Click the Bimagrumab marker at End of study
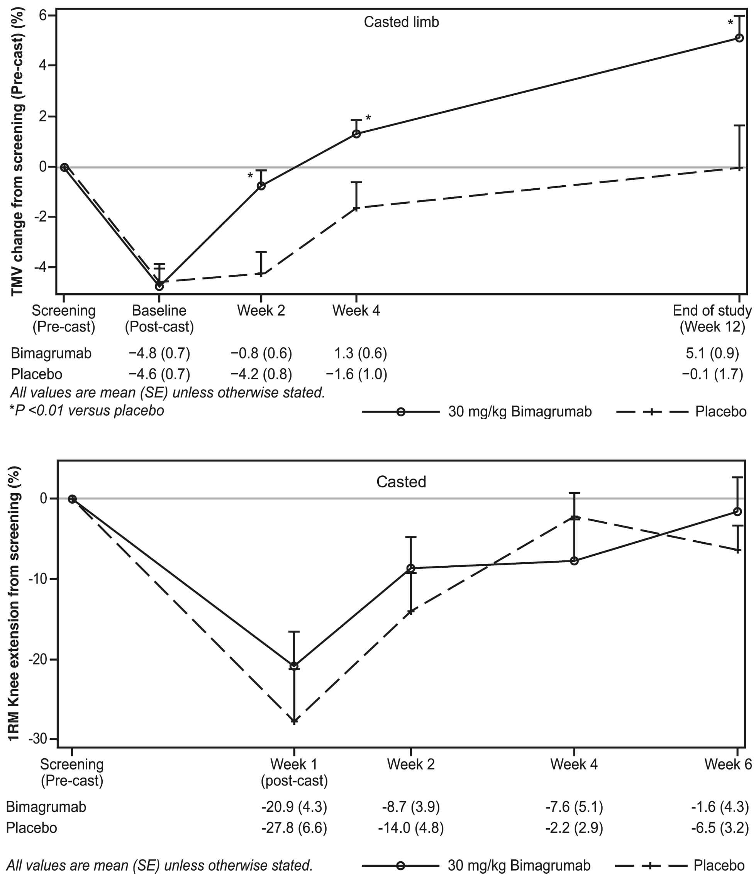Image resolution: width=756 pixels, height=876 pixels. tap(739, 38)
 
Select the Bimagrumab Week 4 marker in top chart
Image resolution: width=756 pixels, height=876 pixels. tap(356, 134)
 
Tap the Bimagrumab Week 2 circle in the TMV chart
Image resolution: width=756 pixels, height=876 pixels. tap(261, 186)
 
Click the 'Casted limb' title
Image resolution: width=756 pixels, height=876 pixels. tap(401, 22)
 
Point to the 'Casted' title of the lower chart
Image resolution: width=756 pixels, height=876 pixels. tap(401, 482)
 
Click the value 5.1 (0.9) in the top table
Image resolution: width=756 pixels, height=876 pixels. tap(712, 353)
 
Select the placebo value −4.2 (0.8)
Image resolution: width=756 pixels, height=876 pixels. tap(261, 374)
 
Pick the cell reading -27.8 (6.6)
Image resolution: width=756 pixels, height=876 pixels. tap(294, 827)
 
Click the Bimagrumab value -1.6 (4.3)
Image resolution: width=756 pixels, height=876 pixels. tap(720, 807)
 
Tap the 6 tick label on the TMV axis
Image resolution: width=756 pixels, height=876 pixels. tap(42, 15)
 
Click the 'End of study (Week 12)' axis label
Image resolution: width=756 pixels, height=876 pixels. tap(712, 318)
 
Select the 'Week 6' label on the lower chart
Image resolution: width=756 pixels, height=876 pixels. tap(728, 764)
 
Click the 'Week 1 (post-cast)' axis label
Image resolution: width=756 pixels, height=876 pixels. tap(294, 772)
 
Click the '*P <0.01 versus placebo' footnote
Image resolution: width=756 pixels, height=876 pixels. tap(87, 411)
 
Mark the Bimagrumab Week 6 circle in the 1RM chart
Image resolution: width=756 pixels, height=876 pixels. tap(737, 512)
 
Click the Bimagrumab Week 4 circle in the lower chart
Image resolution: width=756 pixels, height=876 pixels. tap(574, 561)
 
